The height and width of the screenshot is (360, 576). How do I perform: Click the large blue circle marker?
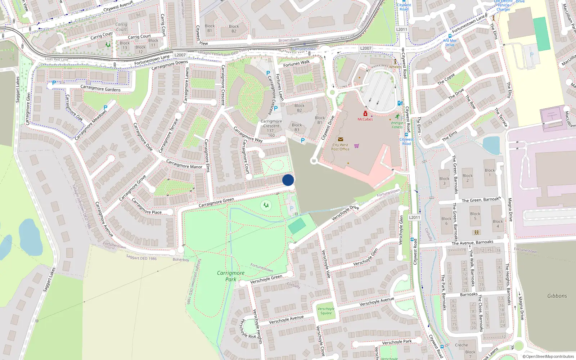[x=288, y=180]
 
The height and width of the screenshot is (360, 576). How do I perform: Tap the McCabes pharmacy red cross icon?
[x=365, y=114]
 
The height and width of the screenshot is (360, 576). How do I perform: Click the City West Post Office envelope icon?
[x=340, y=139]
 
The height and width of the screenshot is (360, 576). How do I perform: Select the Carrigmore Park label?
[x=231, y=276]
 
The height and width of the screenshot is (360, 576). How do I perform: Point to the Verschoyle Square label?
[x=326, y=311]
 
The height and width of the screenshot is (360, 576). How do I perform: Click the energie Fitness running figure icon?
[x=397, y=117]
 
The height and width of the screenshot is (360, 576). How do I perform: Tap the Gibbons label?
[x=557, y=296]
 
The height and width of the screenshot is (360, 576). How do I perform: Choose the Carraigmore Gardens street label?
[x=100, y=88]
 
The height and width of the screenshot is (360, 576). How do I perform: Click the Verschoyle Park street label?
[x=397, y=342]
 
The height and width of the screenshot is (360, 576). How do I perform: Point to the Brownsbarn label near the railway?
[x=289, y=40]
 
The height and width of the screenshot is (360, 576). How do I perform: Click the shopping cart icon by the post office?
[x=356, y=146]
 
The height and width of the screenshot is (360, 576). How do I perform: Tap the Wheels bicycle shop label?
[x=395, y=67]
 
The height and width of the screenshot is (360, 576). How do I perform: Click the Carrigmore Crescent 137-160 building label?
[x=271, y=128]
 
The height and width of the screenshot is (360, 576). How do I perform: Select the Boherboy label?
[x=181, y=260]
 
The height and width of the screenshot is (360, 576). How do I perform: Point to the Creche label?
[x=461, y=345]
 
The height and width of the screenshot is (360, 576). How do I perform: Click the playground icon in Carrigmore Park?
[x=266, y=206]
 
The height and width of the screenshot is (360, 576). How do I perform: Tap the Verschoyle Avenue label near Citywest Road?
[x=377, y=302]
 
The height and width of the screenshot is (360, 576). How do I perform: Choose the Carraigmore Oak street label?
[x=74, y=108]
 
